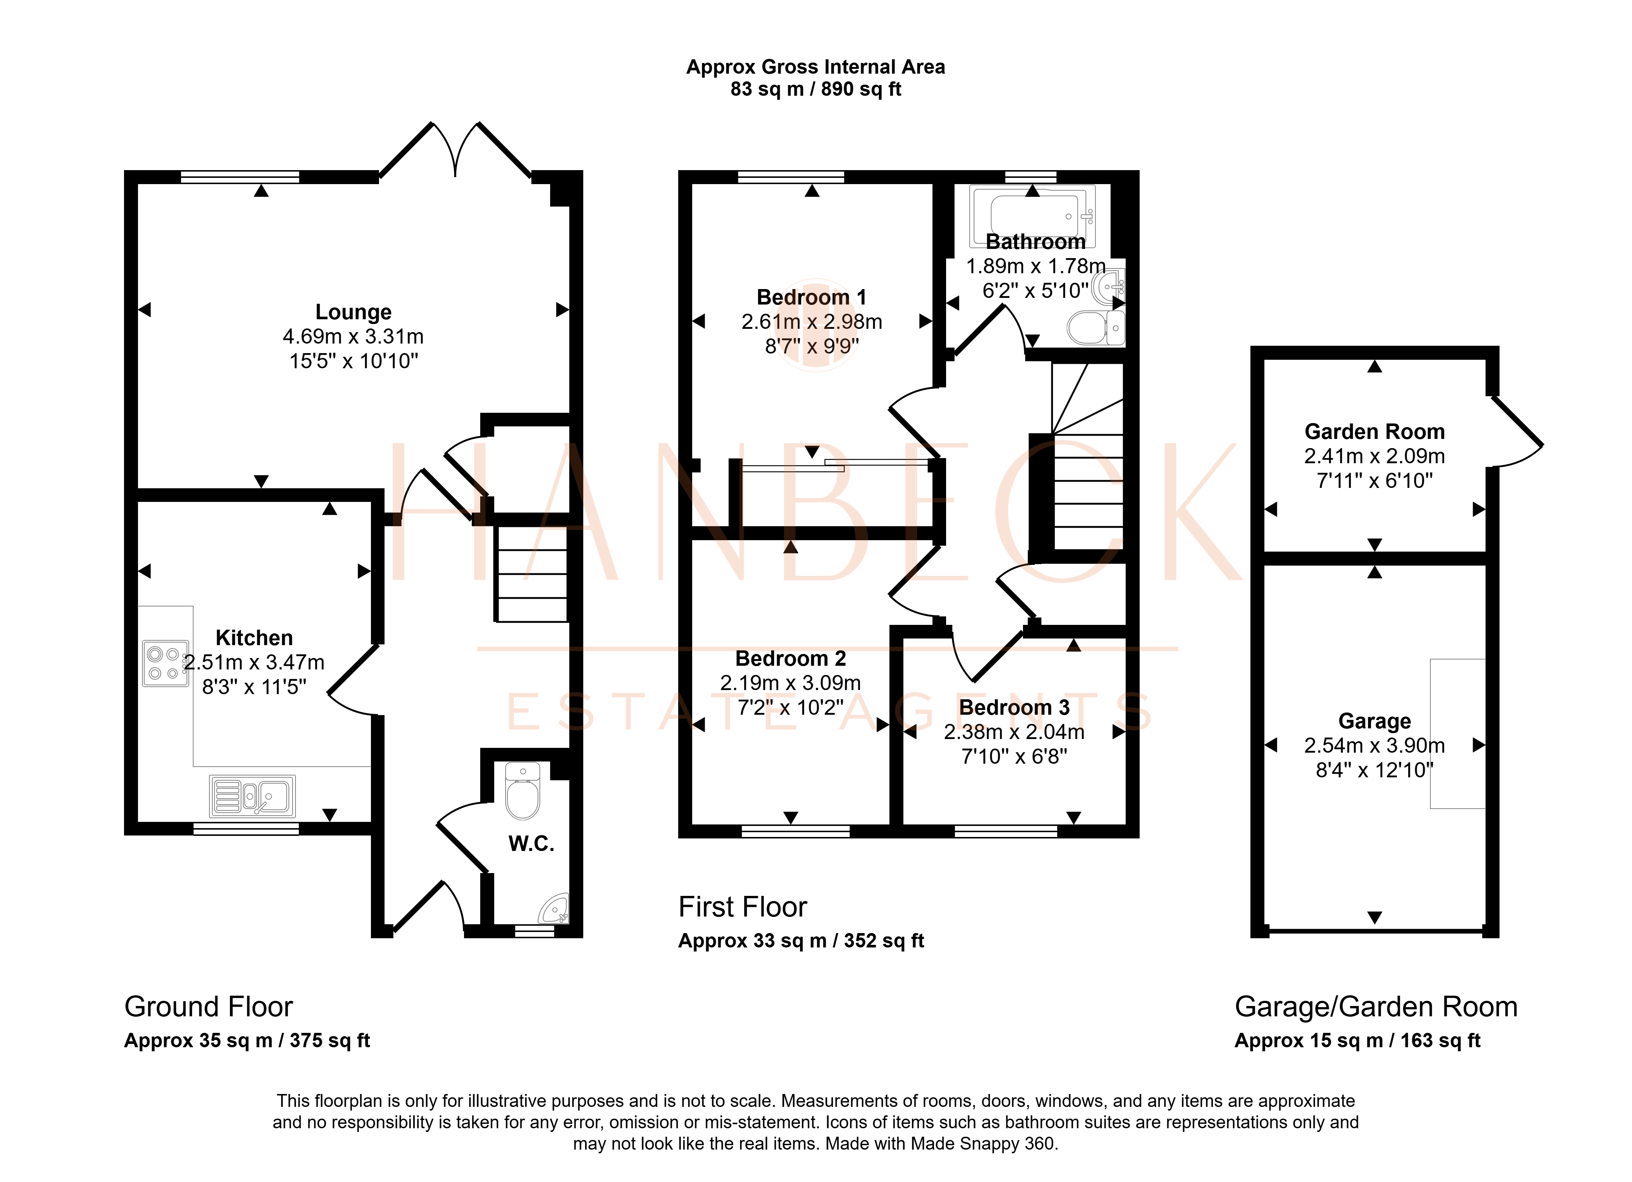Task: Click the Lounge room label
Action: pyautogui.click(x=353, y=312)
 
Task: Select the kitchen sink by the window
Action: pyautogui.click(x=252, y=796)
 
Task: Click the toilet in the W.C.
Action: pyautogui.click(x=523, y=791)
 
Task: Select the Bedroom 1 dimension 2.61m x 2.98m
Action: pyautogui.click(x=812, y=322)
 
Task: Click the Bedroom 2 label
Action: pyautogui.click(x=790, y=659)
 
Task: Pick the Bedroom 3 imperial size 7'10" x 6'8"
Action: pyautogui.click(x=1014, y=757)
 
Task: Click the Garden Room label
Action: pyautogui.click(x=1374, y=432)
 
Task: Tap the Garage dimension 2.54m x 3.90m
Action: pyautogui.click(x=1374, y=746)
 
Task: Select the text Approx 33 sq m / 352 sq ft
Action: pyautogui.click(x=801, y=941)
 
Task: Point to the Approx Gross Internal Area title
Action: pyautogui.click(x=815, y=67)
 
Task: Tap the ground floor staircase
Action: pyautogui.click(x=531, y=574)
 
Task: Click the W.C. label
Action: pyautogui.click(x=531, y=844)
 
